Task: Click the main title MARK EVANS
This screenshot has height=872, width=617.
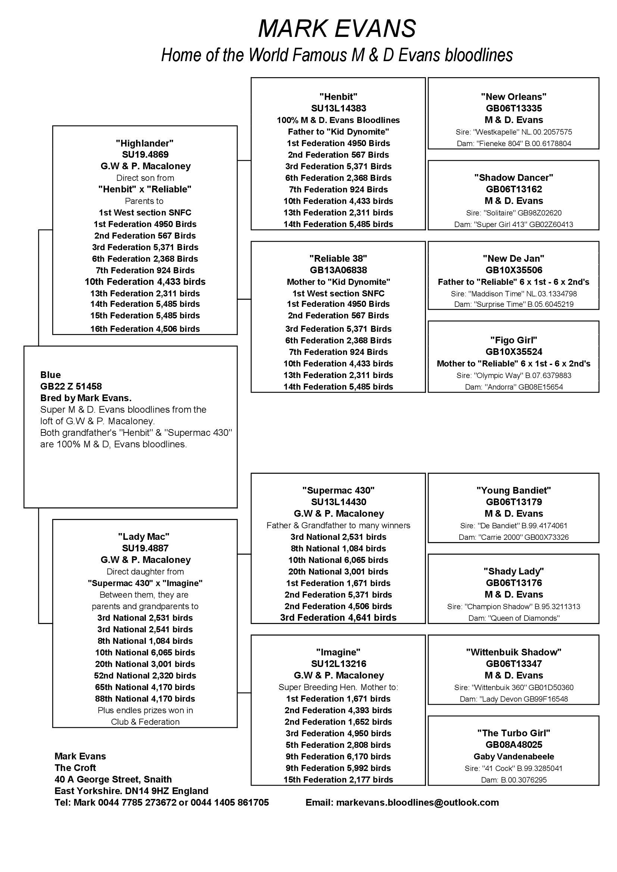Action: click(x=336, y=29)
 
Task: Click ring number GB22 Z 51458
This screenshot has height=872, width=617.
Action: click(x=71, y=386)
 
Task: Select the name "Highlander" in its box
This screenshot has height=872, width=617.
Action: click(x=145, y=143)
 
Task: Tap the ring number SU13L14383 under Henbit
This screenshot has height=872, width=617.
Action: click(x=338, y=108)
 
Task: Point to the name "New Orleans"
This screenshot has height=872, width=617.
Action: click(x=514, y=97)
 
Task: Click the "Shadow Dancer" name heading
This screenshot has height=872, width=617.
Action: click(x=514, y=177)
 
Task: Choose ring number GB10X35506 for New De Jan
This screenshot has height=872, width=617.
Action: click(x=514, y=270)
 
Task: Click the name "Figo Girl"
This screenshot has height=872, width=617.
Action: click(x=514, y=340)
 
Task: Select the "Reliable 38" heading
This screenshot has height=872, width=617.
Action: click(x=338, y=258)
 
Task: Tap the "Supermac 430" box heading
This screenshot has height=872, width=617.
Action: click(x=338, y=490)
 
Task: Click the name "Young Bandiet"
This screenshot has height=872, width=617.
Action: click(x=514, y=490)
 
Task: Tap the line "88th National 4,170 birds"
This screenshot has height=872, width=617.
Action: click(x=145, y=698)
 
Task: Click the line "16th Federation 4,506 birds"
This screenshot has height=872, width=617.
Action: click(x=145, y=329)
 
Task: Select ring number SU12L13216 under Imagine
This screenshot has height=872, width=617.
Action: click(x=338, y=664)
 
